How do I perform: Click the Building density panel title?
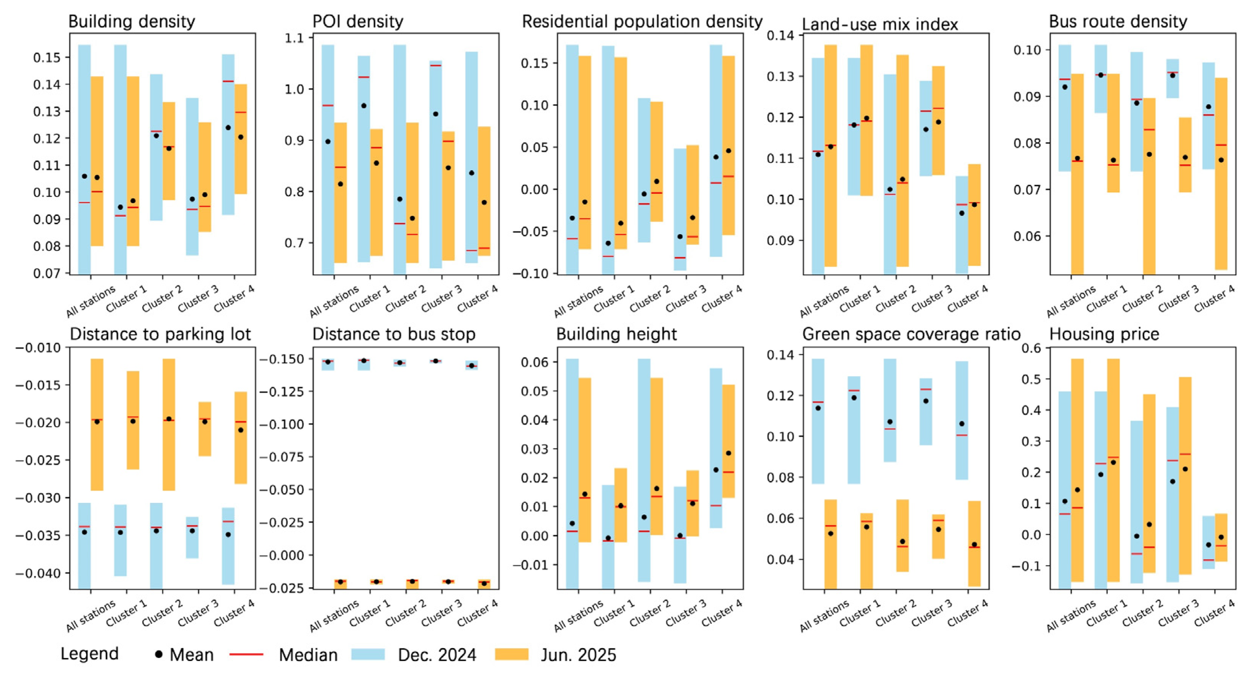[131, 22]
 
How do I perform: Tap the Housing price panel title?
[1104, 334]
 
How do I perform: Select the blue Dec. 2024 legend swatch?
[368, 654]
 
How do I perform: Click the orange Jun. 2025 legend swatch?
[511, 654]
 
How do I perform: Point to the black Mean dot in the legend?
[158, 654]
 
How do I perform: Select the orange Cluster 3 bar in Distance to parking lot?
[205, 429]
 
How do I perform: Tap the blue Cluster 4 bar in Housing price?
[1209, 542]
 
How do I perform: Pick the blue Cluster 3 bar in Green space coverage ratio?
[926, 412]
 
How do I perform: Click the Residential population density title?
[642, 22]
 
